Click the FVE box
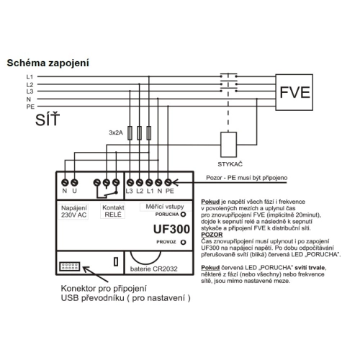294,92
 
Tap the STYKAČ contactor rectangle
228,145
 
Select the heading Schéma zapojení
48,63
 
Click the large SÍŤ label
48,120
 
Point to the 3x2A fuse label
116,132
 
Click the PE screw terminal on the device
168,183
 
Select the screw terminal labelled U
74,183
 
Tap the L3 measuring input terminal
130,183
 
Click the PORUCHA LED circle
183,215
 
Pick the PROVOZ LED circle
183,242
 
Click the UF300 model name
171,229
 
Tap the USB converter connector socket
69,266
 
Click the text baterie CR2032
154,269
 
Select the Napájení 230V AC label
73,212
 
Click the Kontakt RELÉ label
113,211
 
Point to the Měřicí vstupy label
165,207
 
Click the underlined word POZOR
212,235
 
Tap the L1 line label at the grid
30,77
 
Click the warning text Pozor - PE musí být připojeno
247,178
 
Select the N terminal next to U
65,183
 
